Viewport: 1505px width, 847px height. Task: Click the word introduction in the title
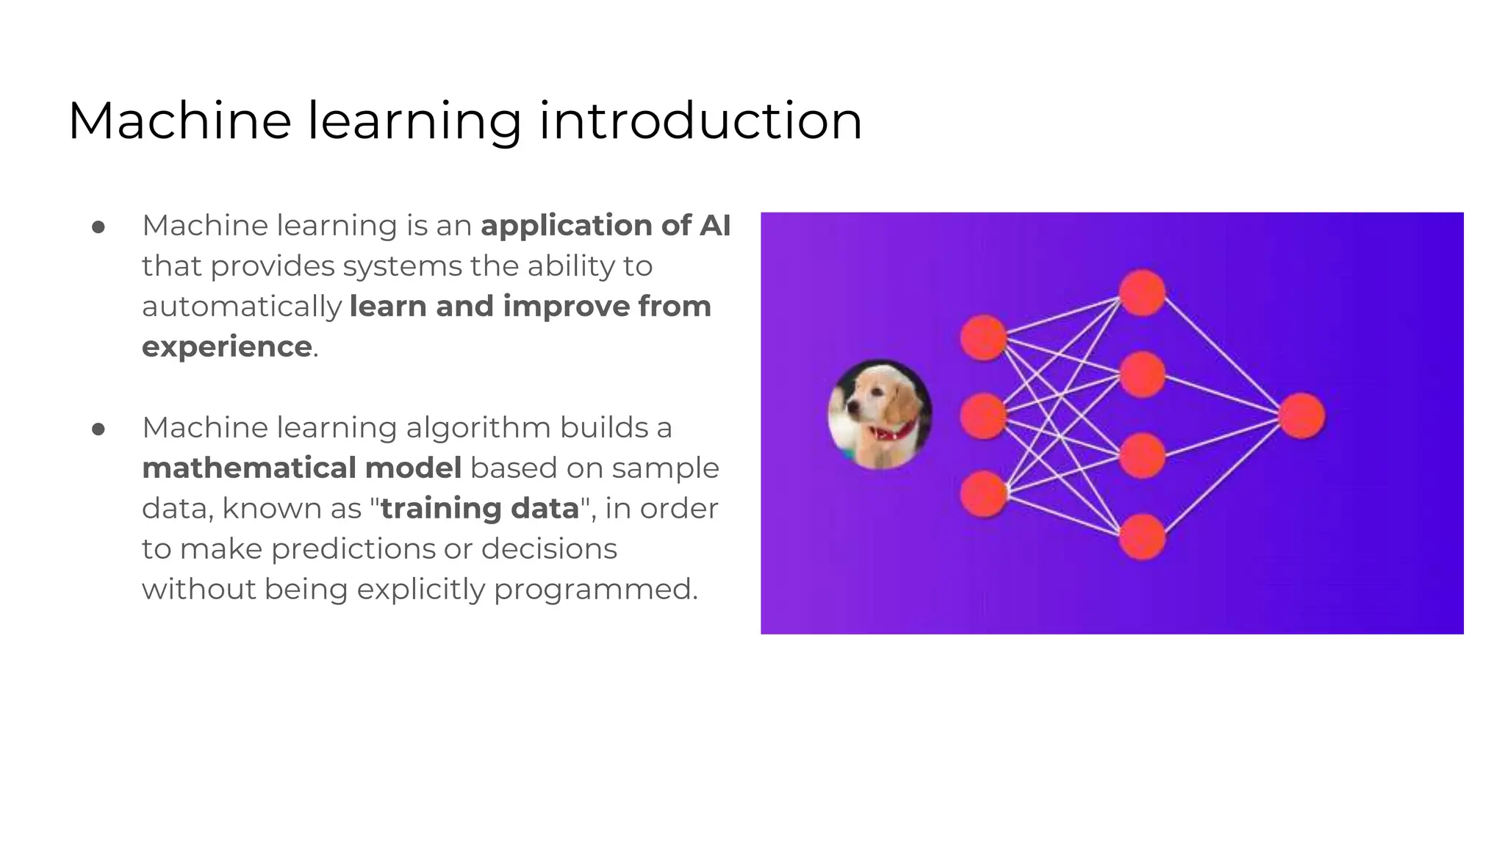coord(700,121)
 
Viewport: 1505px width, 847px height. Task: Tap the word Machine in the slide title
coord(179,121)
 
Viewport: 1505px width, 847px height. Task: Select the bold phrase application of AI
coord(606,226)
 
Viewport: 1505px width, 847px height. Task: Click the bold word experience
coord(227,347)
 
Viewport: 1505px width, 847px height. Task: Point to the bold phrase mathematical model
coord(301,468)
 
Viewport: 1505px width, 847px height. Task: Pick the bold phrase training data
coord(480,509)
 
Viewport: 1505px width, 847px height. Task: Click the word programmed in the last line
coord(595,590)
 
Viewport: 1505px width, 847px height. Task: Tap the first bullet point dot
coord(98,227)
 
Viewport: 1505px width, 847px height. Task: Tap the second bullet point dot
coord(98,429)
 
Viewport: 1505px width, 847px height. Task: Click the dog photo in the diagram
coord(880,414)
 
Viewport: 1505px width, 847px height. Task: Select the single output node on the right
coord(1301,416)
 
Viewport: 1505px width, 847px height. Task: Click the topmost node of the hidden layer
coord(1142,293)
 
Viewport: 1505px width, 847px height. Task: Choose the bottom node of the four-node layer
coord(1142,537)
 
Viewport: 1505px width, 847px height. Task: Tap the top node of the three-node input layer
coord(983,337)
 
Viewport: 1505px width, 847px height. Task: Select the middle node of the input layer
coord(983,416)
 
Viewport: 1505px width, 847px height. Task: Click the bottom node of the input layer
coord(983,494)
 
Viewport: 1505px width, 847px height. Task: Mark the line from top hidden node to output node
coord(1222,354)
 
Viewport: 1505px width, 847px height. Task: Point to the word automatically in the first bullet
coord(242,307)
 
